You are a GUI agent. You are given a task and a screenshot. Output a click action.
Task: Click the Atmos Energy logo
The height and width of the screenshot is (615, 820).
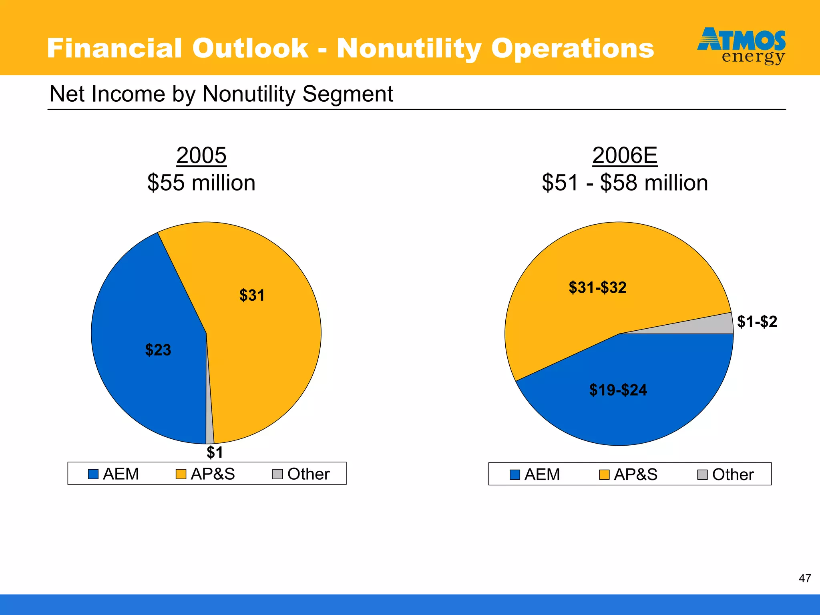click(x=741, y=45)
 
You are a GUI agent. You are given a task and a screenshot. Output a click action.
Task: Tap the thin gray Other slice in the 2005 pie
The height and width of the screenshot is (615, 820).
click(x=209, y=432)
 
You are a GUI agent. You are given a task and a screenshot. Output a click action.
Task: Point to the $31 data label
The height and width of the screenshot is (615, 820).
click(x=252, y=295)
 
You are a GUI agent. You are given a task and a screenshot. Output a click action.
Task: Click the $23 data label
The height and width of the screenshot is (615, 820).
click(x=158, y=350)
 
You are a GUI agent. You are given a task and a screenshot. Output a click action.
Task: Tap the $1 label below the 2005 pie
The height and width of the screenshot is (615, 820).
click(x=215, y=452)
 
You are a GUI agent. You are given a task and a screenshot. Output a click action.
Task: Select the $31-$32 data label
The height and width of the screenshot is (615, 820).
click(x=597, y=287)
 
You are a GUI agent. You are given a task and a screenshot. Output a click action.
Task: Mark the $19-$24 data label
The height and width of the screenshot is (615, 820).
click(x=618, y=390)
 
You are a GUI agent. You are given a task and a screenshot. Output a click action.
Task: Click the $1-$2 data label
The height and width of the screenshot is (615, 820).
click(x=757, y=322)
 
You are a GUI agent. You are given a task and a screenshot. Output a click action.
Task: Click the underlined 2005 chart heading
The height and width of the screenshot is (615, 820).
click(x=201, y=155)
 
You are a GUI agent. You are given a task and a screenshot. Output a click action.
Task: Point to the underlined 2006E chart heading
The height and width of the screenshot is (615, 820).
click(x=625, y=155)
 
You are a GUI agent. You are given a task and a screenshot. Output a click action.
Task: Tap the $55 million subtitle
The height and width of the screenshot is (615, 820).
click(x=201, y=183)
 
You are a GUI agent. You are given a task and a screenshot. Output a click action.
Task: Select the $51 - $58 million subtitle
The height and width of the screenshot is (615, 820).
click(x=625, y=183)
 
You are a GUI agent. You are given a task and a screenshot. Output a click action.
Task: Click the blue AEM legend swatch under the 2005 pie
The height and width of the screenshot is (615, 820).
click(x=93, y=474)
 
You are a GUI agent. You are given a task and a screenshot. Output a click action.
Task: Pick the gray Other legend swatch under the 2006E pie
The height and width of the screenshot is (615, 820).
click(x=702, y=475)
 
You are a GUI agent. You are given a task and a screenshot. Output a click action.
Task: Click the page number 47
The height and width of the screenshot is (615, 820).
click(x=805, y=578)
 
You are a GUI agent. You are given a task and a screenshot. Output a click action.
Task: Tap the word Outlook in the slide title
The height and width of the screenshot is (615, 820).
click(x=250, y=48)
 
